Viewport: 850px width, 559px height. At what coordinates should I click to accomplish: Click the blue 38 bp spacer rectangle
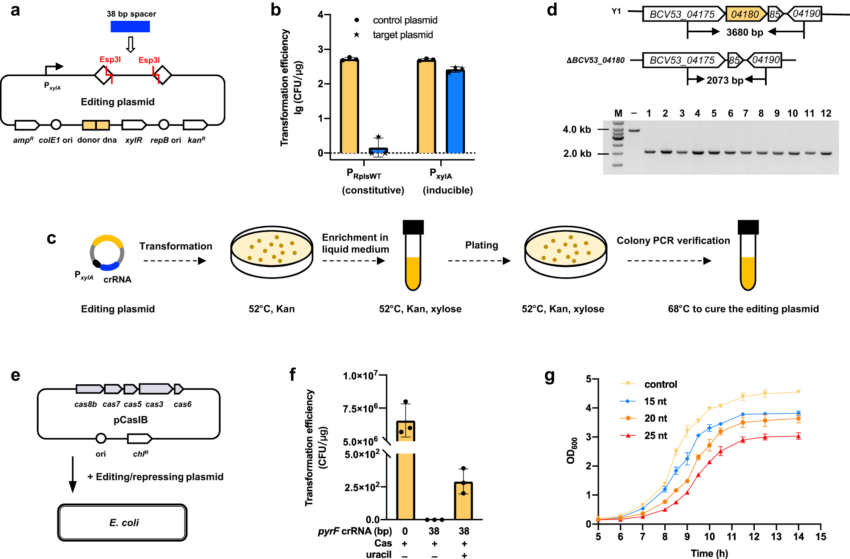click(130, 27)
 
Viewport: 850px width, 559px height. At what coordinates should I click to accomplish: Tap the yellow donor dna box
click(96, 125)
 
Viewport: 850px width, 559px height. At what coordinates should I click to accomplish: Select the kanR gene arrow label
click(196, 140)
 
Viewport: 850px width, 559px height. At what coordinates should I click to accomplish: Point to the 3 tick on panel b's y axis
click(321, 49)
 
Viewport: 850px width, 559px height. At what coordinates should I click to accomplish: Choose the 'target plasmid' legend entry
click(402, 35)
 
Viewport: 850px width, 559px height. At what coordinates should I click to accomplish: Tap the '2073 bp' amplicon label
click(725, 80)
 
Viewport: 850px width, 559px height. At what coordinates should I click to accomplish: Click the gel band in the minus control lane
click(634, 130)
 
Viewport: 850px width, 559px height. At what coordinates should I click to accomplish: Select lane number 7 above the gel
click(745, 114)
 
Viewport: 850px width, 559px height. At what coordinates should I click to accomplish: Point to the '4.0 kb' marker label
click(577, 130)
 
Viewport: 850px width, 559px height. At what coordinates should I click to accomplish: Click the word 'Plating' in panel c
click(482, 245)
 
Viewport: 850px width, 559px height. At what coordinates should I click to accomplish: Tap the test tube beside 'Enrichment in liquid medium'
click(413, 255)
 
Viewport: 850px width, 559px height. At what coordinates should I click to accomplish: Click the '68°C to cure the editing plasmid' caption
click(743, 309)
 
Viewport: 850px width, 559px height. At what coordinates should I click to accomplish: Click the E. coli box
click(122, 522)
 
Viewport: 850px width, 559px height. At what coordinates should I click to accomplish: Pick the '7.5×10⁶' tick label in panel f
click(360, 409)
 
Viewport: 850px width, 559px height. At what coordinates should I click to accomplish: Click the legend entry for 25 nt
click(655, 436)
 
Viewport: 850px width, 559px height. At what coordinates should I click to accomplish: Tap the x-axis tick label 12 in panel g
click(754, 537)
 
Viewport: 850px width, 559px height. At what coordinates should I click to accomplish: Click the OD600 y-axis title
click(572, 451)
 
